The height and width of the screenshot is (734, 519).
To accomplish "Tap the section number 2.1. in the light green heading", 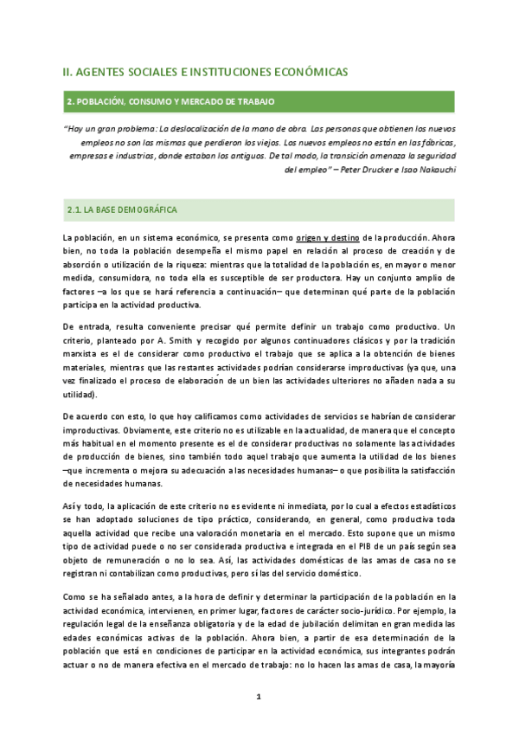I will click(79, 210).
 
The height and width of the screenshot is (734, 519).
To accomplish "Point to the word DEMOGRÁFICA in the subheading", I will click(148, 210).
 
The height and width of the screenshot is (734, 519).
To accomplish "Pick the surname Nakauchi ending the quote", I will click(432, 170).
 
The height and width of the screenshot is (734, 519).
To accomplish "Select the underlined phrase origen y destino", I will click(327, 237).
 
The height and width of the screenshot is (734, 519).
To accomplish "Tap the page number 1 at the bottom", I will click(259, 697).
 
